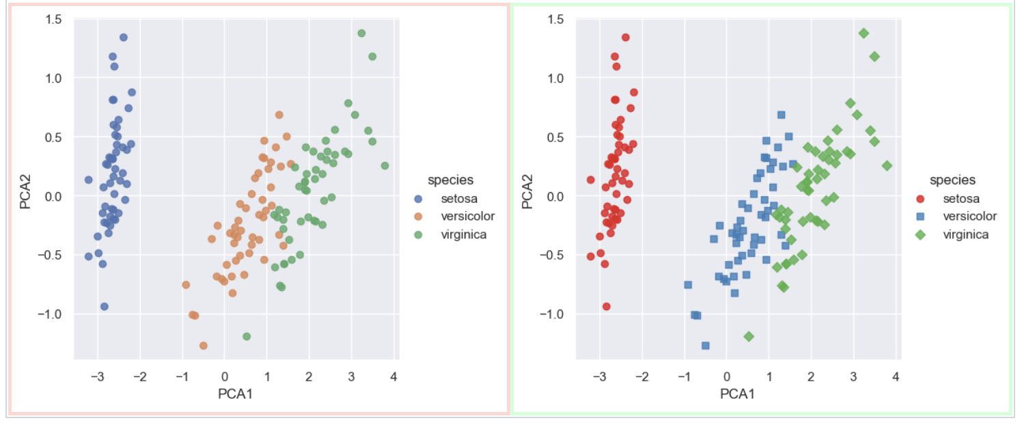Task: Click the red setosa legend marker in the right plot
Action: point(920,199)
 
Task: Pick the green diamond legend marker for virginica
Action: point(920,234)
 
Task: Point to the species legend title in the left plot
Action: point(450,180)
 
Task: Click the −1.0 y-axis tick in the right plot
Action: point(551,314)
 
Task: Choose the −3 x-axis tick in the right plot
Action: point(599,376)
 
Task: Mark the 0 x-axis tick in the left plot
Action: point(225,376)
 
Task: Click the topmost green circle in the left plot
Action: point(361,33)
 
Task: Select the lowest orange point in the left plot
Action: point(203,346)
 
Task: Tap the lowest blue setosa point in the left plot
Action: point(104,307)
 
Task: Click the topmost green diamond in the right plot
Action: point(864,33)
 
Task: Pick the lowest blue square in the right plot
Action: point(705,346)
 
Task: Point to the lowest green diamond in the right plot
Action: point(749,336)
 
